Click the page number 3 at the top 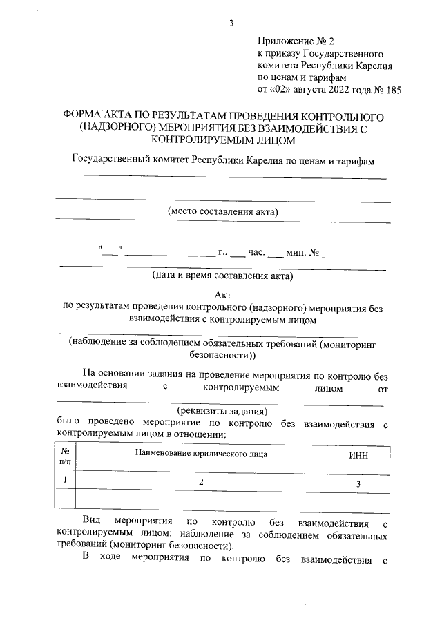coord(231,23)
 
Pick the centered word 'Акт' coord(223,294)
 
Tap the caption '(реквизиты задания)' coord(223,410)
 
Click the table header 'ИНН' coord(358,455)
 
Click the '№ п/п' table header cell coord(65,455)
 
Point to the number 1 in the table coord(65,479)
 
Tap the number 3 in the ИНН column coord(358,484)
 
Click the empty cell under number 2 coord(201,499)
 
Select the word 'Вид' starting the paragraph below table coord(91,519)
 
